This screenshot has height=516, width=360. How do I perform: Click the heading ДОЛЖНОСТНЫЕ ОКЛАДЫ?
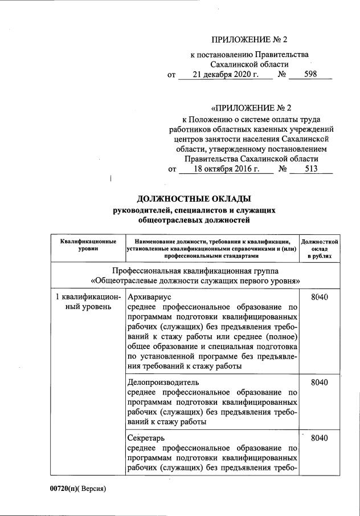pos(194,199)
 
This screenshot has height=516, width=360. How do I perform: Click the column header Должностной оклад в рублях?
pos(319,250)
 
